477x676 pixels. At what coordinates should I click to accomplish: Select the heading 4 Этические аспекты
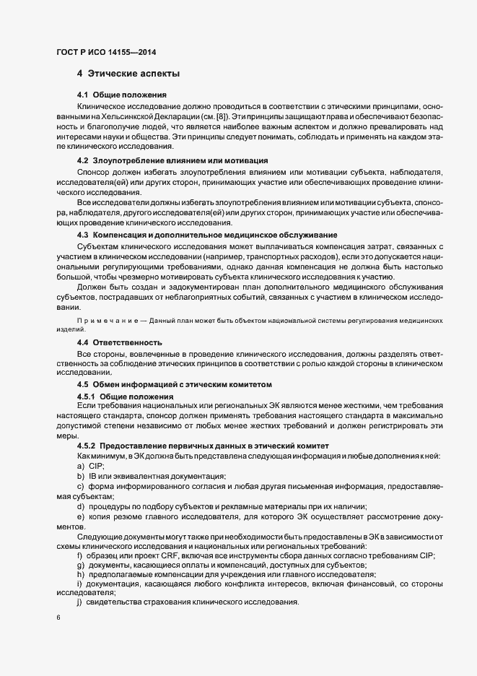coord(128,74)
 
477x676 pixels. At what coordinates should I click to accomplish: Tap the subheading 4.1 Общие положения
coord(122,95)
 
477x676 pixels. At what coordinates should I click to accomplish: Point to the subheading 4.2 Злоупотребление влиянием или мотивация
coord(172,160)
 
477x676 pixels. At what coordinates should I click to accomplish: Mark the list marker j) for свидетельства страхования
coord(80,602)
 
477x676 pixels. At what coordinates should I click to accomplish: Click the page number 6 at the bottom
coord(58,618)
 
